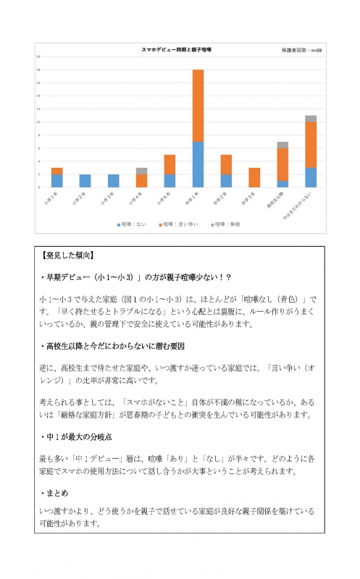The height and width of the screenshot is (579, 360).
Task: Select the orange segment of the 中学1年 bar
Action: tap(198, 106)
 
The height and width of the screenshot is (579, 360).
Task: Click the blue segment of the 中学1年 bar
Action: tap(198, 164)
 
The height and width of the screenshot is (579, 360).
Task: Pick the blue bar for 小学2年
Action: tap(85, 181)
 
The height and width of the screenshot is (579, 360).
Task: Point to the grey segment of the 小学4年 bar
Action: tap(141, 171)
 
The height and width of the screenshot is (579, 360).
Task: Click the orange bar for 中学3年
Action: tap(254, 177)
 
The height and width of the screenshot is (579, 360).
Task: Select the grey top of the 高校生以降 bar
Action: tap(282, 145)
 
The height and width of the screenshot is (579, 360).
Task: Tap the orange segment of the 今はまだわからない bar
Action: tap(311, 145)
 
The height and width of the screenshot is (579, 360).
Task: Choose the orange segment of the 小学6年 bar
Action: tap(169, 164)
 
